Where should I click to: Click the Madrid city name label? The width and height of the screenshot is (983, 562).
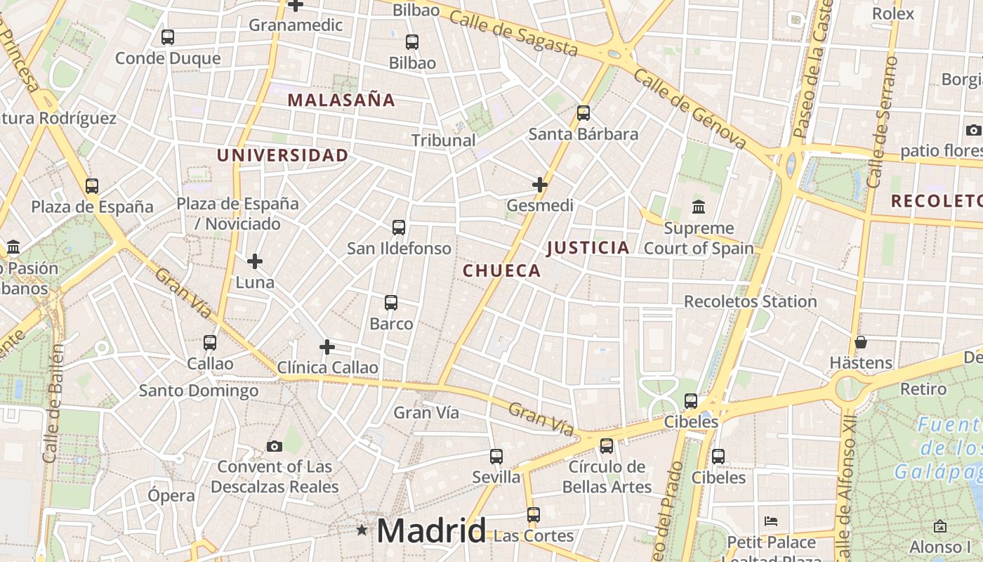pyautogui.click(x=431, y=530)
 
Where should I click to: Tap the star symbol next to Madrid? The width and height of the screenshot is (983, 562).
pyautogui.click(x=362, y=530)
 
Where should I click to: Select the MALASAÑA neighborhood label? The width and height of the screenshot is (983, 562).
pyautogui.click(x=341, y=100)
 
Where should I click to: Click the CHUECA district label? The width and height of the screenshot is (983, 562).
pyautogui.click(x=501, y=270)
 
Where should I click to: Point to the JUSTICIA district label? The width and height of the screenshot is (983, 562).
pyautogui.click(x=588, y=247)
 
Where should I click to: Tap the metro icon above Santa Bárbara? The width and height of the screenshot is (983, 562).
pyautogui.click(x=583, y=112)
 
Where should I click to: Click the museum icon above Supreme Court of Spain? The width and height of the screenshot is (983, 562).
pyautogui.click(x=699, y=207)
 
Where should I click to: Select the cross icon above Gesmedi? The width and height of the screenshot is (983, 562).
pyautogui.click(x=539, y=185)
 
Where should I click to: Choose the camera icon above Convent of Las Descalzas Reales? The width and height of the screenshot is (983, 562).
pyautogui.click(x=275, y=446)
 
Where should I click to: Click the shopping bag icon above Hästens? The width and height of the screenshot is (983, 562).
pyautogui.click(x=861, y=342)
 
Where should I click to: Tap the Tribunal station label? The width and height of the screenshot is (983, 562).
pyautogui.click(x=443, y=140)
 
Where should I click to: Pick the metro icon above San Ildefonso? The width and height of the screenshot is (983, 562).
pyautogui.click(x=399, y=227)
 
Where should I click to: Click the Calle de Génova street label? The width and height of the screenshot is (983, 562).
pyautogui.click(x=690, y=108)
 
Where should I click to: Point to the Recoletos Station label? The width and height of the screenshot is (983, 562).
pyautogui.click(x=750, y=301)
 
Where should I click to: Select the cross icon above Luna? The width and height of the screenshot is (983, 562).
pyautogui.click(x=255, y=261)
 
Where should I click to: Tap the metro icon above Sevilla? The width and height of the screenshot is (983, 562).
pyautogui.click(x=496, y=456)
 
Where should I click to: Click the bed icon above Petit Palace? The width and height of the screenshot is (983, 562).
pyautogui.click(x=771, y=521)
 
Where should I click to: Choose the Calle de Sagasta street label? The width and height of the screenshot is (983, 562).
pyautogui.click(x=513, y=34)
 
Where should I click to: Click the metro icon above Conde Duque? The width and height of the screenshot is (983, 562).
pyautogui.click(x=167, y=37)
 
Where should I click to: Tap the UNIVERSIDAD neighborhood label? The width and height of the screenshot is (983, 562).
pyautogui.click(x=282, y=155)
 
